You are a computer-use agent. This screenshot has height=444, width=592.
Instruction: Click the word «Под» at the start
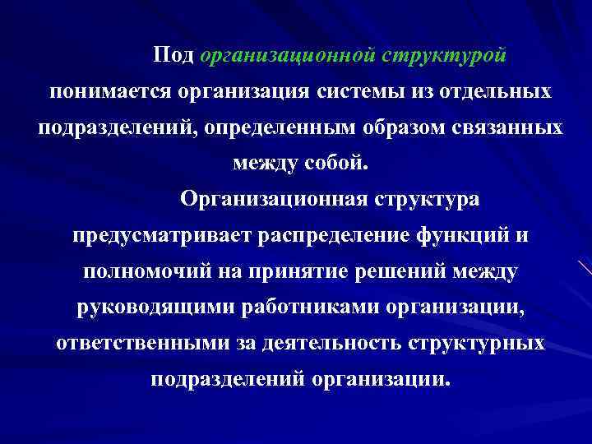[173, 55]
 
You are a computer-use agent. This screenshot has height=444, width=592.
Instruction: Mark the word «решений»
[404, 272]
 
